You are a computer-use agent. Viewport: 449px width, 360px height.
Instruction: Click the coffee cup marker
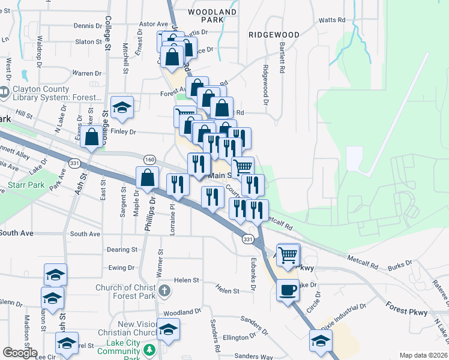288,290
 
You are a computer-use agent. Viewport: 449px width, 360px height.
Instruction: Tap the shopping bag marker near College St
92,137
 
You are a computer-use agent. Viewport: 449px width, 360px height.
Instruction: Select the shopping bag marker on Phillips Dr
148,178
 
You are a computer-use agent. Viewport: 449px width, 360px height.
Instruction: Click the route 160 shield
149,159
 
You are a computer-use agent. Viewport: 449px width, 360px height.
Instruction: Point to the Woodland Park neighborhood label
212,16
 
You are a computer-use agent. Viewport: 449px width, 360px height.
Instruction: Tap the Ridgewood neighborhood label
274,35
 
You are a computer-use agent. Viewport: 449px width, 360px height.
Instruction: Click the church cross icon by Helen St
166,292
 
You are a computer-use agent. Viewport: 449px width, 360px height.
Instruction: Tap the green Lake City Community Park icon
149,349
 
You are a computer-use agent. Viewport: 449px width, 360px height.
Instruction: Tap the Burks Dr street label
400,263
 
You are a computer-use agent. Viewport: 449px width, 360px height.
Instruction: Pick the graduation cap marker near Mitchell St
122,107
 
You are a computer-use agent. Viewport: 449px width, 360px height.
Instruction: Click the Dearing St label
122,250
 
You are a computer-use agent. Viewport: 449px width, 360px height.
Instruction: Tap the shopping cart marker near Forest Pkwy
288,255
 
